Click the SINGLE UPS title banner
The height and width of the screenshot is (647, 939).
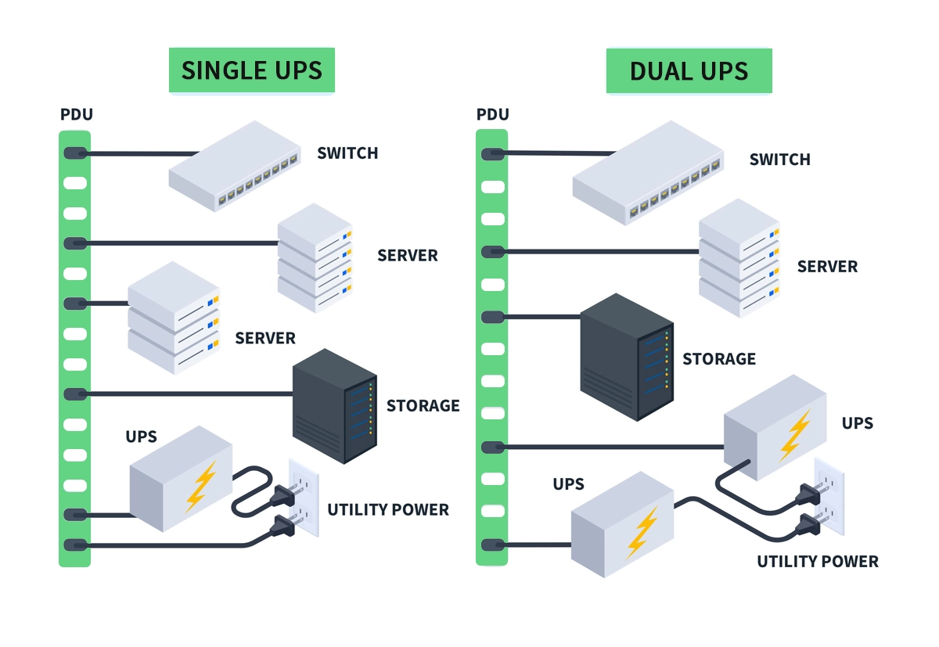point(251,70)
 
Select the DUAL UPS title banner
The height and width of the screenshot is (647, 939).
point(689,71)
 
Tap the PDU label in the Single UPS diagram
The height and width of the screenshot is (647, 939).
point(77,115)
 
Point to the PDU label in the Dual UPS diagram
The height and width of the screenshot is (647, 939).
point(492,115)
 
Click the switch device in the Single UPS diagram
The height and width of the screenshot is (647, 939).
point(235,166)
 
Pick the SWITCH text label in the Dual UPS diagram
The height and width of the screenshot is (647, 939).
point(779,160)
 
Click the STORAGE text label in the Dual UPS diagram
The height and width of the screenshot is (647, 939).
point(718,359)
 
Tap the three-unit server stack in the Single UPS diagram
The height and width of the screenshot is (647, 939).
point(174,317)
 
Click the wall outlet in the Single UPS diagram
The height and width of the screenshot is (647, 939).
point(306,498)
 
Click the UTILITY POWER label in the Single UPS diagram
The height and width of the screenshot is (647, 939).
point(387,510)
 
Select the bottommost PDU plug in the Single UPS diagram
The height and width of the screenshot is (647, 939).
point(75,545)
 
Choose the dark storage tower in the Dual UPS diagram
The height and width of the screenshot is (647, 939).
point(627,357)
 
